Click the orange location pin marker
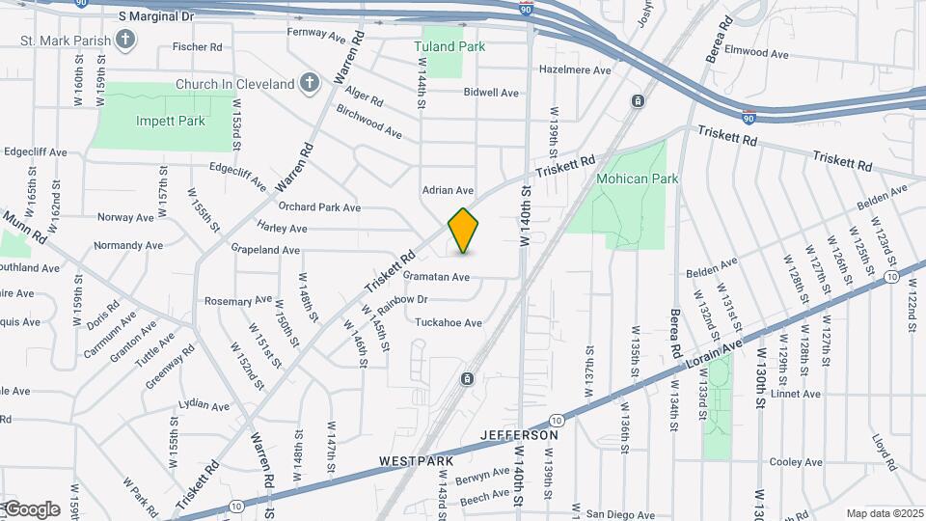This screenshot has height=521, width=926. click(463, 231)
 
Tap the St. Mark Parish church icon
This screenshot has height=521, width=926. click(124, 40)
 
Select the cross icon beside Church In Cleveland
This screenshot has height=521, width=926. click(309, 84)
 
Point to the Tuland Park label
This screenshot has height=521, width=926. click(449, 45)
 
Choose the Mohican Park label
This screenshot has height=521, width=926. click(637, 178)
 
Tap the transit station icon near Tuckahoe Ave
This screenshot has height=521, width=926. click(467, 379)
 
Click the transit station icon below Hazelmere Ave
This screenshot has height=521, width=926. click(638, 100)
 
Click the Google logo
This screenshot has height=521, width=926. click(31, 508)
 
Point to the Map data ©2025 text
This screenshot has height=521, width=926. click(885, 513)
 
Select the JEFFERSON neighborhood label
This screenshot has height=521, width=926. click(519, 435)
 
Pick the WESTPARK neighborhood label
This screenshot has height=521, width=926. click(416, 462)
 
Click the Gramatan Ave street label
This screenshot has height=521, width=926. click(436, 277)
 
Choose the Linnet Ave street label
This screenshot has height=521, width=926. click(796, 394)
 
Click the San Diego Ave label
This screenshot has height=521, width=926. click(620, 514)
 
